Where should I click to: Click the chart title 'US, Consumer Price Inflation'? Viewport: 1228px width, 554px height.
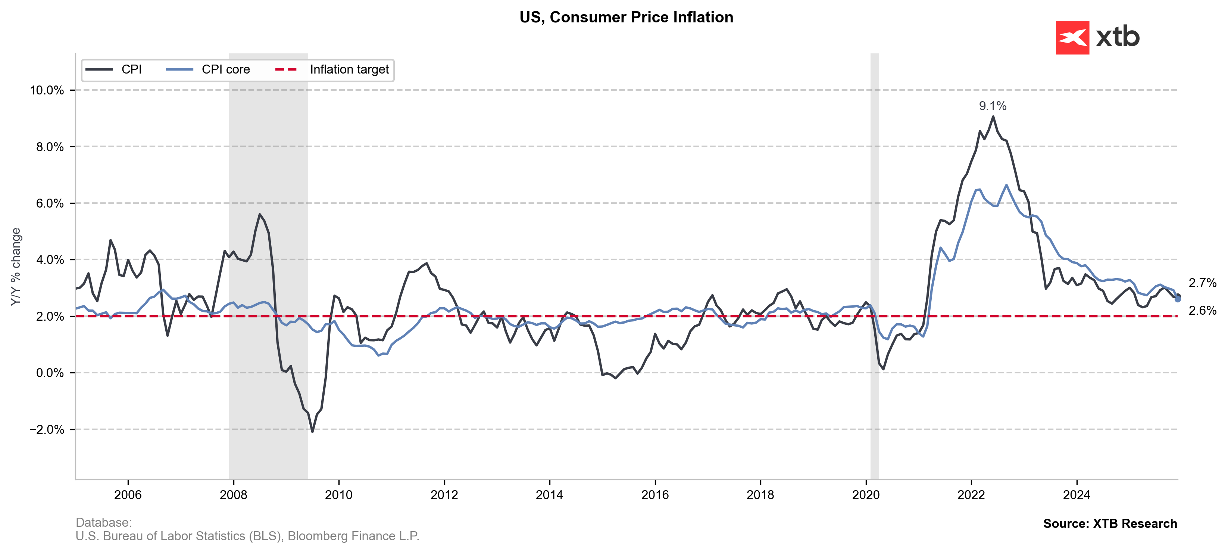click(626, 17)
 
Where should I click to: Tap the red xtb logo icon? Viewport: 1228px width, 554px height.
click(1072, 37)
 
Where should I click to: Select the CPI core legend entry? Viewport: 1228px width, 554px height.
click(208, 69)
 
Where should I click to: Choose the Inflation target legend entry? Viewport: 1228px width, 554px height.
click(332, 69)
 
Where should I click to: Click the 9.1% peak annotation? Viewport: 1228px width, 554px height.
click(993, 106)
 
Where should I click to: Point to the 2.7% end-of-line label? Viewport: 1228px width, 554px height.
click(1202, 283)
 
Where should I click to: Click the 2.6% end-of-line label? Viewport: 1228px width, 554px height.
click(1202, 310)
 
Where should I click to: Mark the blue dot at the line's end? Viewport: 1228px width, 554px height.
click(1178, 299)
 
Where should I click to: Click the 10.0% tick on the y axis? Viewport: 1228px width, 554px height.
click(47, 90)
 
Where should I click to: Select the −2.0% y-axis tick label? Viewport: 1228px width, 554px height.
click(47, 430)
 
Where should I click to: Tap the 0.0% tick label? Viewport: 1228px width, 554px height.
click(50, 373)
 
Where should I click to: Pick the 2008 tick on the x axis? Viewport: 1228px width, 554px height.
click(234, 495)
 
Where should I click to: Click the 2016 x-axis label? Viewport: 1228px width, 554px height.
click(655, 495)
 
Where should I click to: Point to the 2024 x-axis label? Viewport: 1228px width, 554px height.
click(1077, 495)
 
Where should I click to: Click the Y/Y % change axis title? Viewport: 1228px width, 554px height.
click(16, 267)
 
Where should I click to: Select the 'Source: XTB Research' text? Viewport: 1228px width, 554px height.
click(1110, 523)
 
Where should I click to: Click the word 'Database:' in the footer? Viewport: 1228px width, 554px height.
click(103, 523)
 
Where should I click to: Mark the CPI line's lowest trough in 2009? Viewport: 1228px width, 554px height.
click(312, 432)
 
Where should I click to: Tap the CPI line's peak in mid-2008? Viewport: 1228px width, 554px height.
click(260, 215)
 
